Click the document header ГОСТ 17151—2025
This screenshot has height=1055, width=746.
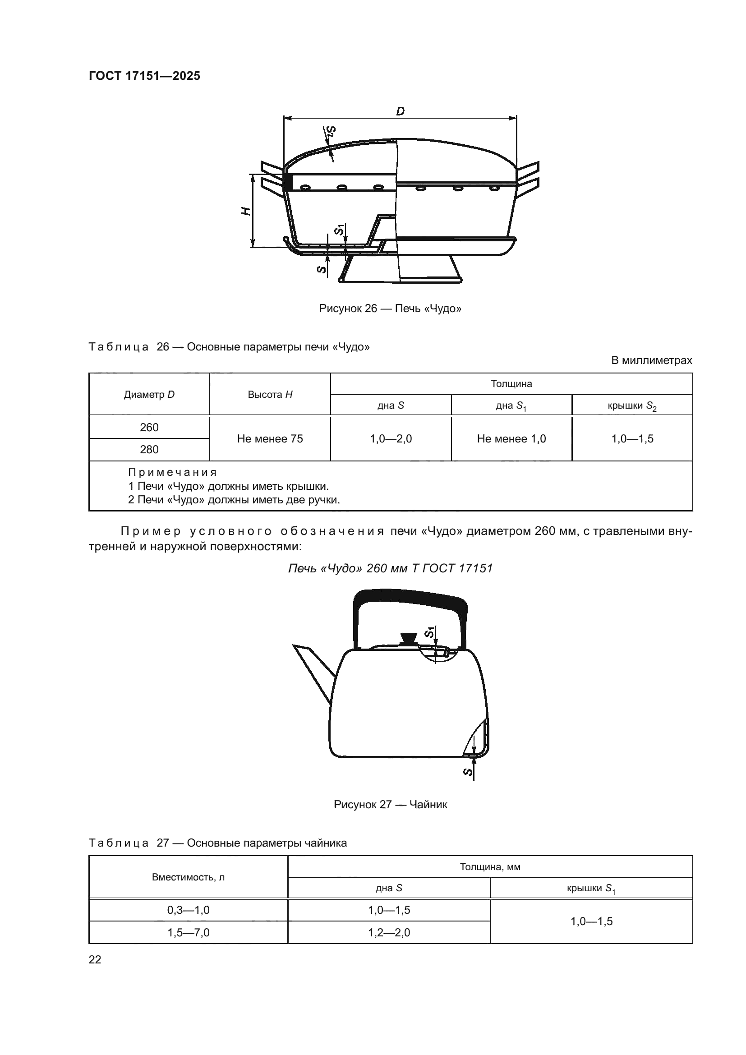click(144, 76)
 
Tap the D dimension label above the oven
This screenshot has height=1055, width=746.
click(400, 111)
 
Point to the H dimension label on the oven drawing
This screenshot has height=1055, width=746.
click(246, 211)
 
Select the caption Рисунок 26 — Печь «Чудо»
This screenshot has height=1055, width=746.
click(390, 309)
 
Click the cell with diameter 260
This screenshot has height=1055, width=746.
click(149, 427)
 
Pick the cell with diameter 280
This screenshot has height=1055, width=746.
click(149, 449)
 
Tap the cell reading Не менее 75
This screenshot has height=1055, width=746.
click(270, 438)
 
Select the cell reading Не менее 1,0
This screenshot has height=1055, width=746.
click(511, 438)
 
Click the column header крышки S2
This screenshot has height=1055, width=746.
click(631, 406)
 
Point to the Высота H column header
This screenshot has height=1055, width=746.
click(270, 394)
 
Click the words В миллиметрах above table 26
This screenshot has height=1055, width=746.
click(651, 360)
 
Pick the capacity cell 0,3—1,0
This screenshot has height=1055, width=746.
click(188, 910)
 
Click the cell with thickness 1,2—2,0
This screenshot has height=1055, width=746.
click(389, 932)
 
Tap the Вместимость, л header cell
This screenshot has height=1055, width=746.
click(188, 877)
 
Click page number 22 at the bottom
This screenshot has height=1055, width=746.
click(95, 959)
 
